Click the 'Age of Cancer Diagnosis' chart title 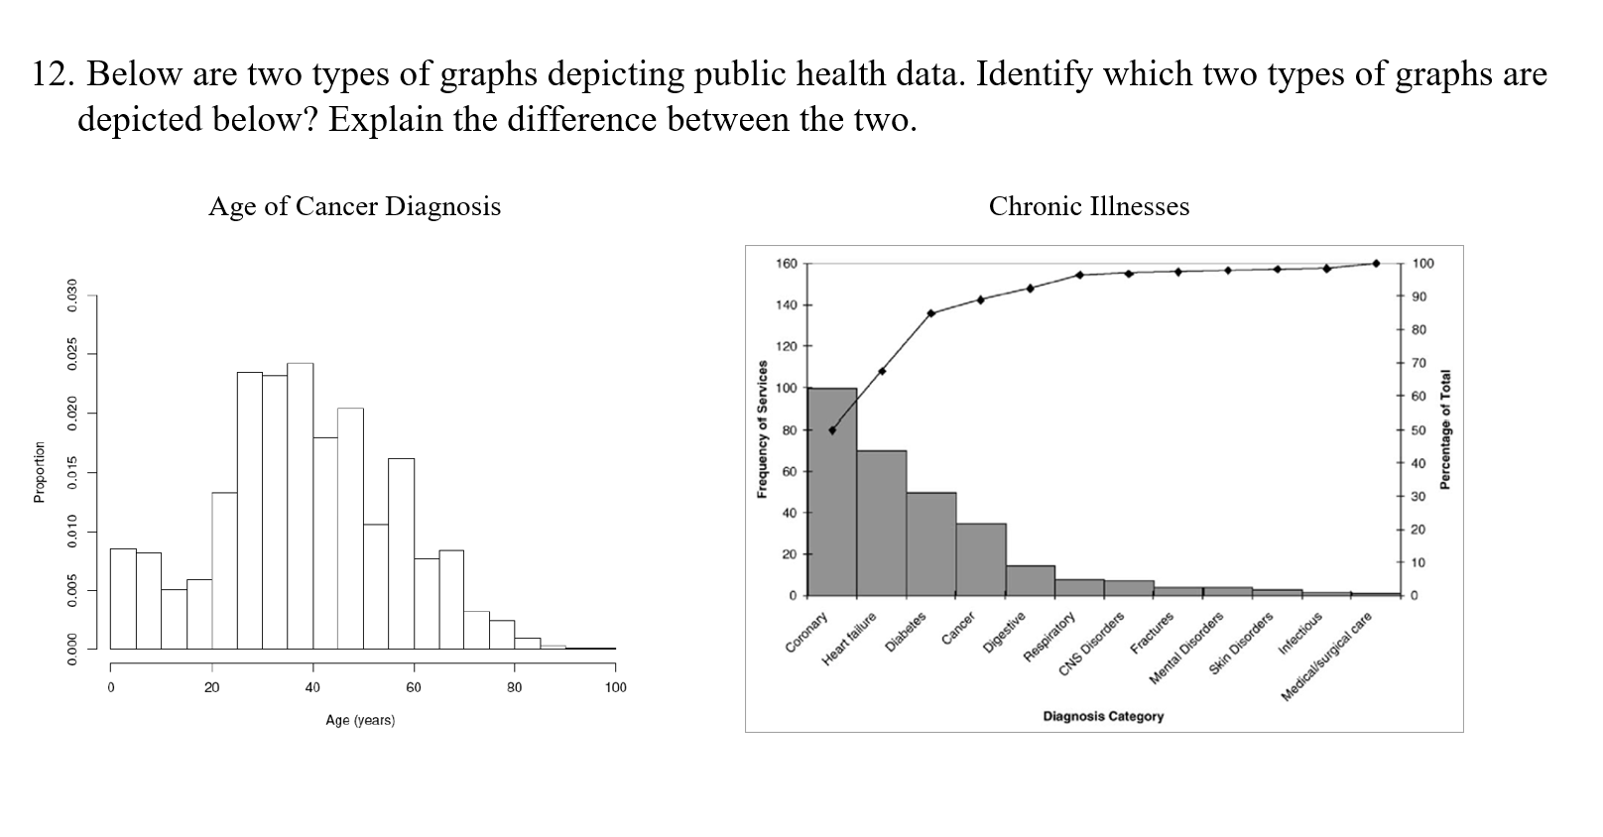[354, 206]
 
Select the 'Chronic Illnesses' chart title [1088, 206]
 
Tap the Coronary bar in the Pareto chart [832, 496]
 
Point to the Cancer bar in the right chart [981, 559]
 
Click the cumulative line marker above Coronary [832, 430]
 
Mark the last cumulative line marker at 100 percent [1376, 264]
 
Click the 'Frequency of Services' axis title [763, 428]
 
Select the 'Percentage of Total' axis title [1445, 428]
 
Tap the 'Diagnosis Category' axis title [1103, 716]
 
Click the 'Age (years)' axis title [360, 721]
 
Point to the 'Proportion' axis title [40, 472]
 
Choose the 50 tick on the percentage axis [1418, 430]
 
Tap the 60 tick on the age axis [414, 687]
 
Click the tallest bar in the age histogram [300, 506]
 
